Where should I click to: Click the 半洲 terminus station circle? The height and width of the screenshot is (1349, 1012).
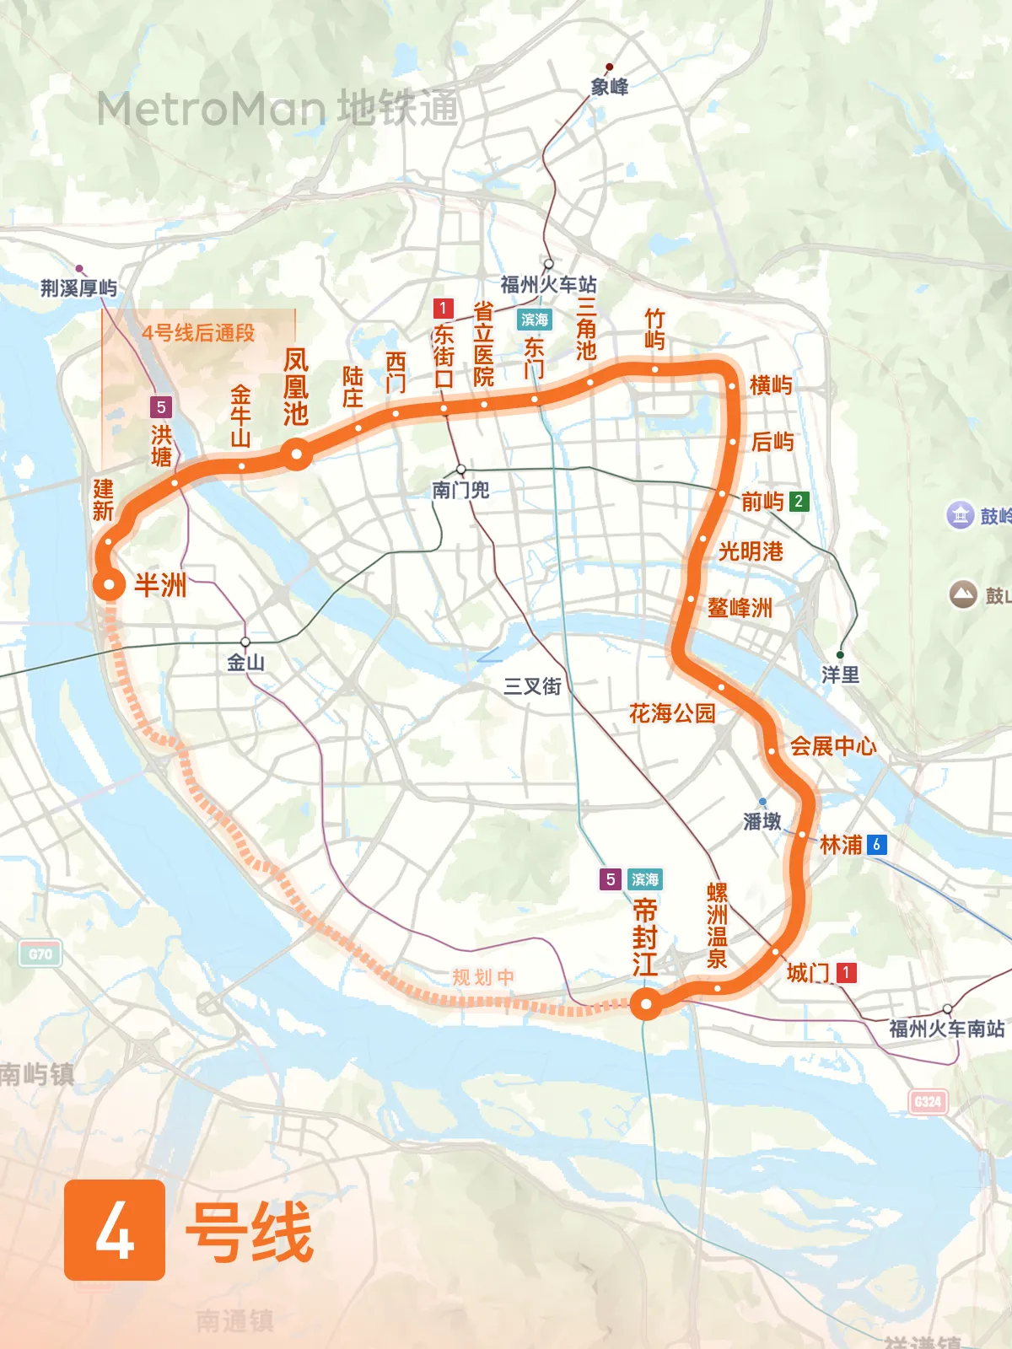(x=109, y=584)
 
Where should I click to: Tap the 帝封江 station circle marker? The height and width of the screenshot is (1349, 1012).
(x=647, y=1003)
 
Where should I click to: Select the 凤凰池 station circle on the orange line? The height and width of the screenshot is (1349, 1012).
(x=297, y=455)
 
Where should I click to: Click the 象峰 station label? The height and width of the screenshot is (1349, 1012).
(x=609, y=87)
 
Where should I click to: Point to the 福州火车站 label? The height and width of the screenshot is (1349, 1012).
(x=548, y=284)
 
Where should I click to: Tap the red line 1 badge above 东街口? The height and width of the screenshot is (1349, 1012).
(x=444, y=308)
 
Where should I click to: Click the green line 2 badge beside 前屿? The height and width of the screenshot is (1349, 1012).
(x=799, y=501)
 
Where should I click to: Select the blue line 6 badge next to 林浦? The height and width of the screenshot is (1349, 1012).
(x=877, y=844)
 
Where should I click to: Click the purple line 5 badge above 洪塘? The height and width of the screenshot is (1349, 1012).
(x=161, y=407)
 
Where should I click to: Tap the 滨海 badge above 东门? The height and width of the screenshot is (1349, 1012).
(x=534, y=320)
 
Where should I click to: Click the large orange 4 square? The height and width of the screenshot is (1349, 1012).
(x=115, y=1230)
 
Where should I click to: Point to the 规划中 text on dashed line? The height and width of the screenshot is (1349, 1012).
(x=483, y=977)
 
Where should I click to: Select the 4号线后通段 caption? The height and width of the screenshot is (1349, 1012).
(x=198, y=333)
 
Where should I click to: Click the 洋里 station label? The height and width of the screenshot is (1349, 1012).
(x=840, y=674)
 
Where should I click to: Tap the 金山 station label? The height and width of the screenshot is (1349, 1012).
(x=245, y=663)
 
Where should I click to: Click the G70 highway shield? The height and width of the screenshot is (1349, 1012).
(x=40, y=954)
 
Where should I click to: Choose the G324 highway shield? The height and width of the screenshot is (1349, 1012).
(x=928, y=1101)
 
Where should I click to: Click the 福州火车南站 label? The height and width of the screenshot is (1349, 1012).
(x=946, y=1029)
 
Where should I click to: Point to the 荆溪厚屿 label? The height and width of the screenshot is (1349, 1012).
(x=78, y=288)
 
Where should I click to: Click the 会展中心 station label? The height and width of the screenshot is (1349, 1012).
(x=832, y=746)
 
